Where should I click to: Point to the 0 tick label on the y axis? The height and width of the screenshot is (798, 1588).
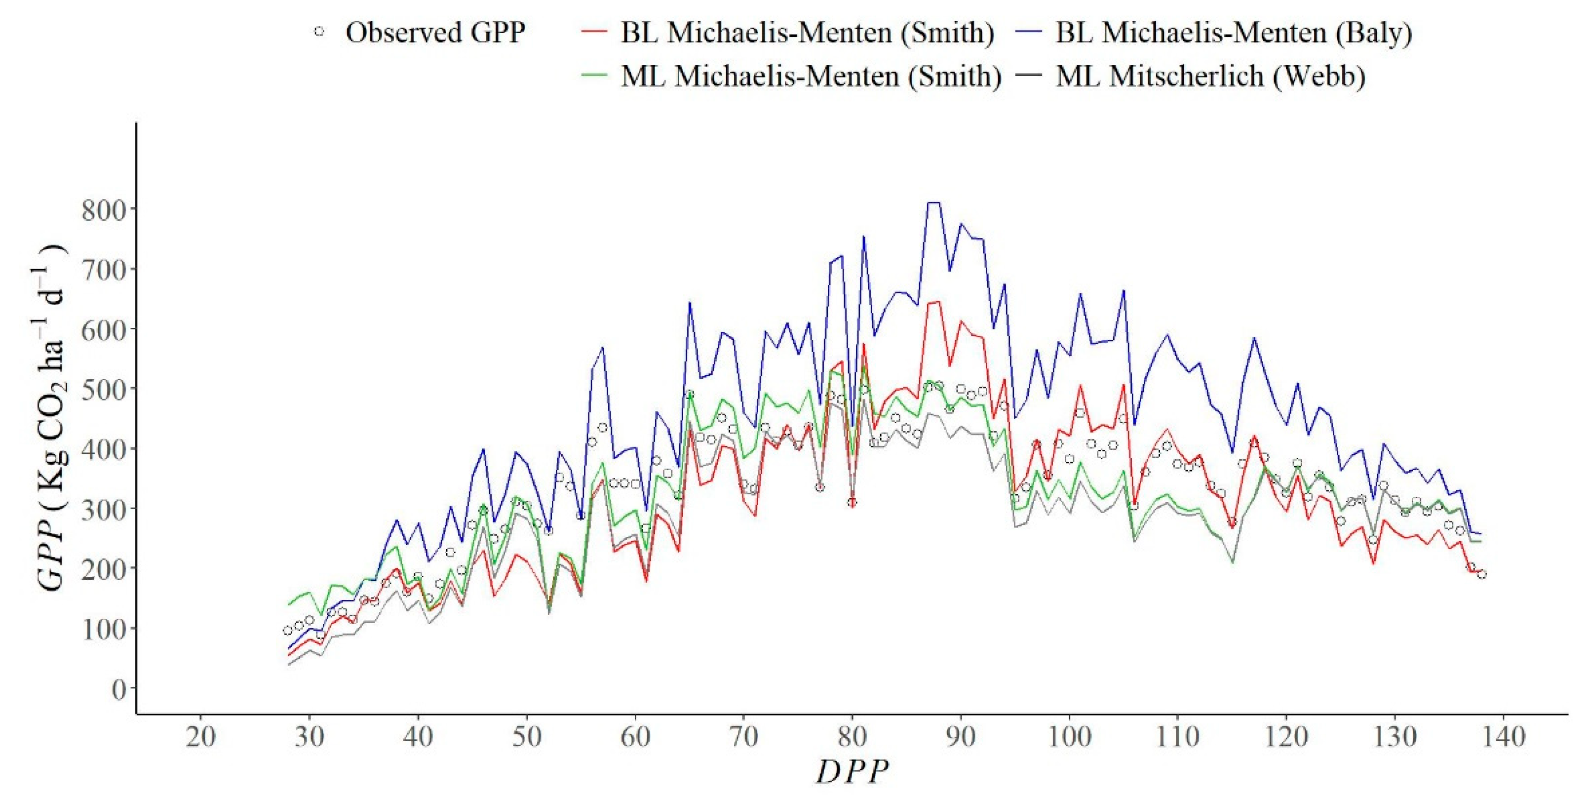point(118,689)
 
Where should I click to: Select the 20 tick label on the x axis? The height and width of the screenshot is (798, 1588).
point(200,736)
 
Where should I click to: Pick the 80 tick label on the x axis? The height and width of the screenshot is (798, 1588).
point(852,736)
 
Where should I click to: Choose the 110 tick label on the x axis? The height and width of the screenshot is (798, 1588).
point(1177,736)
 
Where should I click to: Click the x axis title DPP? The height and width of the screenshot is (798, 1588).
point(852,771)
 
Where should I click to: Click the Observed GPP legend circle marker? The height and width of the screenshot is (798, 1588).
point(319,31)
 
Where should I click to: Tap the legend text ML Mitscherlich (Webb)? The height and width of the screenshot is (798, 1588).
point(1210,75)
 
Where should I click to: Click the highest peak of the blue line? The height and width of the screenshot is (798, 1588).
point(933,202)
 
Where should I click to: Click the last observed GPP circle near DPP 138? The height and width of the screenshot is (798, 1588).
point(1481,574)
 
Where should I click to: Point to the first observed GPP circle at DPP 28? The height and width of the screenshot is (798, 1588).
point(287,630)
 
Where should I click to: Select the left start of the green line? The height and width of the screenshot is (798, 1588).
point(288,604)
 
